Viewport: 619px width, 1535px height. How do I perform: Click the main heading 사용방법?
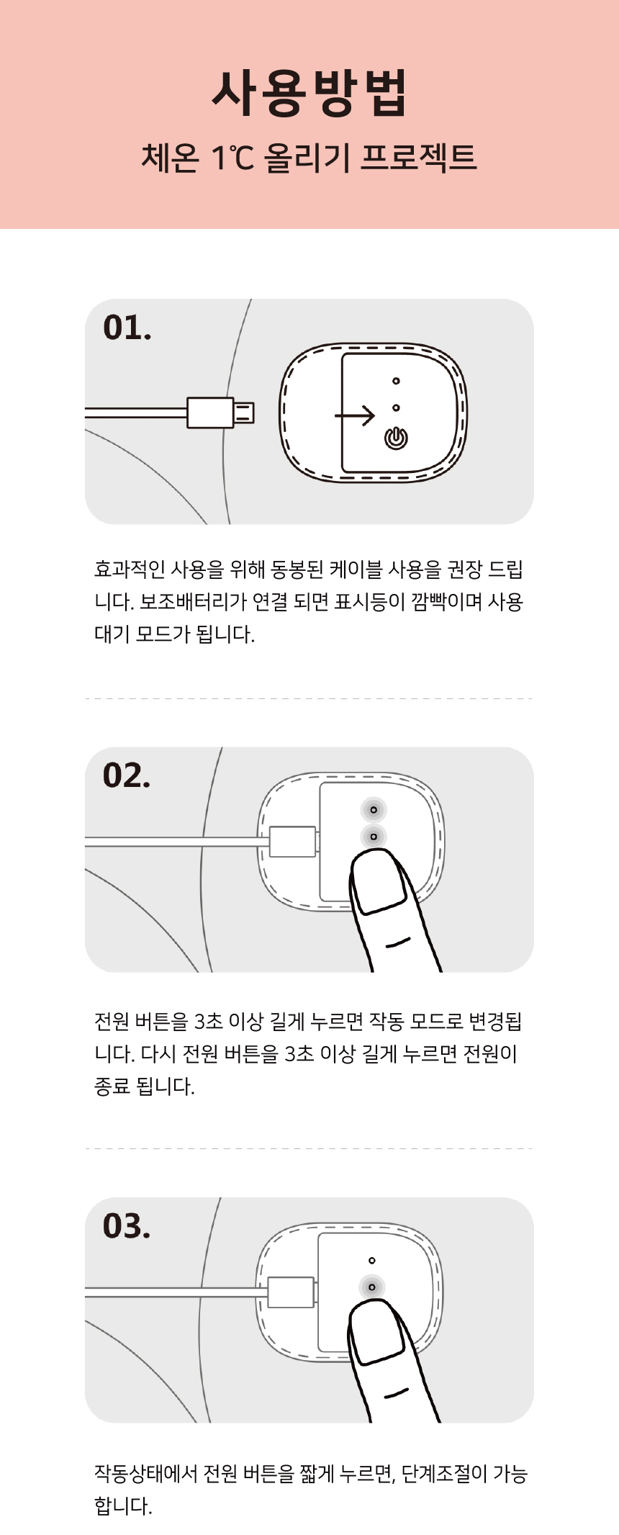(x=309, y=94)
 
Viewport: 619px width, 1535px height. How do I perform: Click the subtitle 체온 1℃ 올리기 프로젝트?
(x=309, y=158)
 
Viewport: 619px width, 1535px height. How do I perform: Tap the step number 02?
(x=127, y=775)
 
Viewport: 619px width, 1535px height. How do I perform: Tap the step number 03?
(x=127, y=1225)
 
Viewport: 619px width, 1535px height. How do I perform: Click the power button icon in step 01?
(x=396, y=438)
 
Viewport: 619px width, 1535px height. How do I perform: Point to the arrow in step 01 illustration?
(x=355, y=415)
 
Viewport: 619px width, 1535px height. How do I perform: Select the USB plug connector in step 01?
(x=220, y=413)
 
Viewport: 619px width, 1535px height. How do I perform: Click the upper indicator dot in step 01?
(x=396, y=381)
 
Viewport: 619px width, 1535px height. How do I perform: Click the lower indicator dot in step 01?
(x=396, y=408)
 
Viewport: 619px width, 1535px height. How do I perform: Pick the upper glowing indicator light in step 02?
(x=374, y=810)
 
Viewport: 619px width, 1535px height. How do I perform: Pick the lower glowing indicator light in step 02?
(x=374, y=837)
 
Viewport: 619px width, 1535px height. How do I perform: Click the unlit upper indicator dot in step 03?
(x=371, y=1261)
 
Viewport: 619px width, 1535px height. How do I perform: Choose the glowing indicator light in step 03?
(x=371, y=1287)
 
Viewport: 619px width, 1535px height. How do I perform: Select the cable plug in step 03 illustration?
(x=292, y=1292)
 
